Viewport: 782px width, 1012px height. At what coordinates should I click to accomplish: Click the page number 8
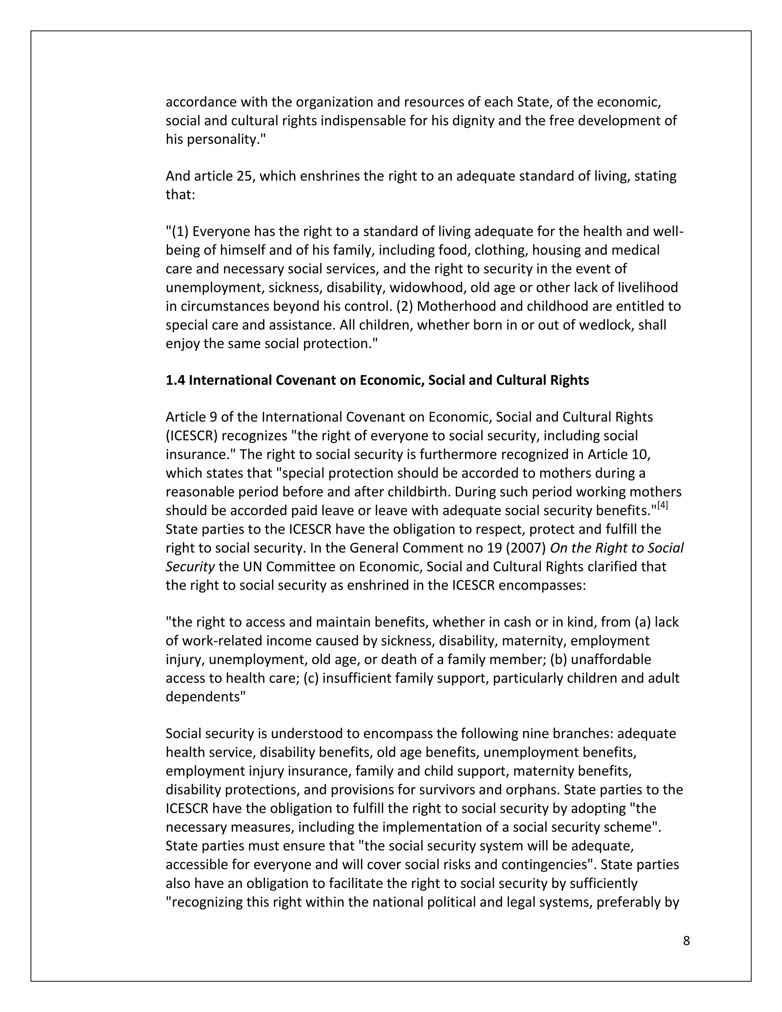click(686, 941)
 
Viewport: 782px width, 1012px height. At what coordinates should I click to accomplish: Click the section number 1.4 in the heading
click(175, 380)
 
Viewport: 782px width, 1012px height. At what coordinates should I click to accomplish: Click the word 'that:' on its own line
click(180, 195)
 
